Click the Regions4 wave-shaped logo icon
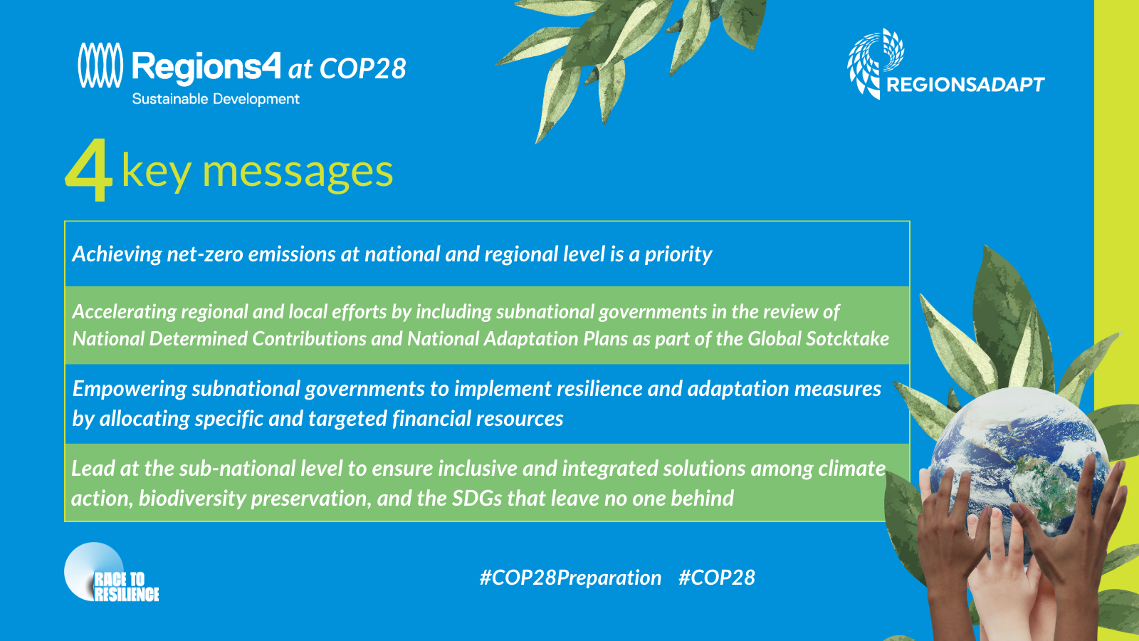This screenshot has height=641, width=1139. point(100,65)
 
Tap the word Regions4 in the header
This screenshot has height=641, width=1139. point(206,67)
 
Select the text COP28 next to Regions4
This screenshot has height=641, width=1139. point(363,68)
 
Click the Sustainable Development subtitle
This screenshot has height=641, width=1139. point(216,99)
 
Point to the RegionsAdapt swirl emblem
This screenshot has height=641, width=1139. point(875,62)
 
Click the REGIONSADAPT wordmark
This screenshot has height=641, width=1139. point(965,85)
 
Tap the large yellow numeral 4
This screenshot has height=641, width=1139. point(88,170)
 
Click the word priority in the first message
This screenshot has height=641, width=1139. point(678,254)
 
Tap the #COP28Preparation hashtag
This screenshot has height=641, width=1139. point(570,578)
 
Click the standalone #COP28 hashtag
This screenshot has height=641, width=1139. point(717,578)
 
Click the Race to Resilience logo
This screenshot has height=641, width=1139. point(111,573)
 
